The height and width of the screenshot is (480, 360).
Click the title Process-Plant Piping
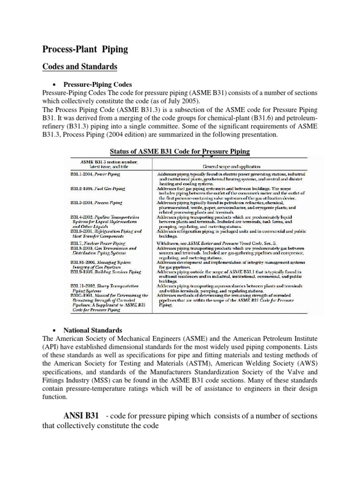pos(85,49)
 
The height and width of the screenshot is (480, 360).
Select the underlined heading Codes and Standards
pos(80,67)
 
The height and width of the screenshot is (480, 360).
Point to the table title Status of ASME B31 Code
pos(180,151)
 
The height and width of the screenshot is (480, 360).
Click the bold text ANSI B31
pos(81,416)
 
